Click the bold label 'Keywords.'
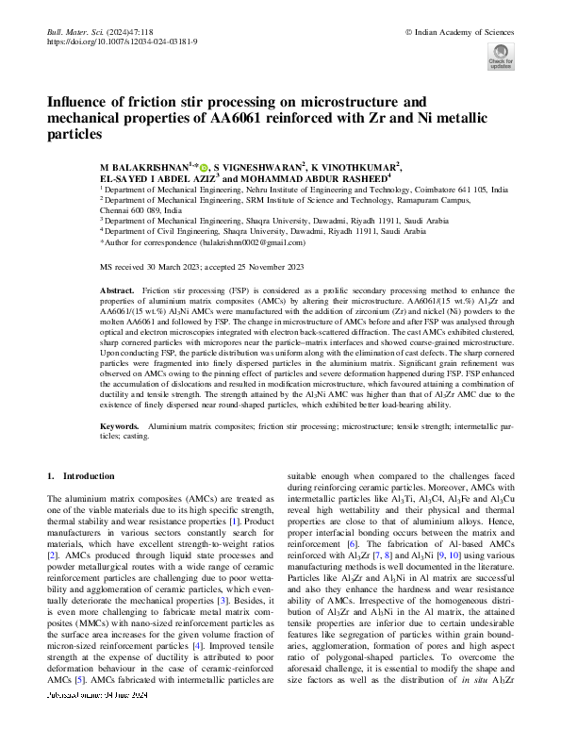120,428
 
